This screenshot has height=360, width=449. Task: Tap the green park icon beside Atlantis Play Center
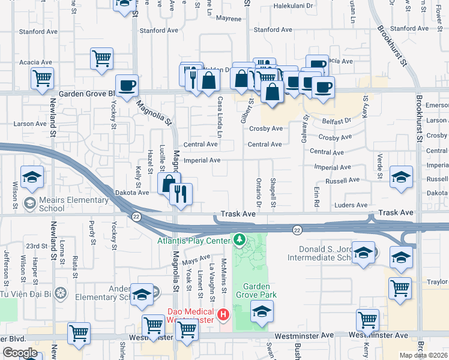[240, 241]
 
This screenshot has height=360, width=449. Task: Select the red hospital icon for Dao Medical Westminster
[223, 314]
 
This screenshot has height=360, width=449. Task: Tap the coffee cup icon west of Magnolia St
[127, 86]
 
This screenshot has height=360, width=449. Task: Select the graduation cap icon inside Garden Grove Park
[262, 311]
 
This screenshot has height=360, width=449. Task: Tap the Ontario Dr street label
[259, 193]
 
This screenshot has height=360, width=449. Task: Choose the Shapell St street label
[273, 193]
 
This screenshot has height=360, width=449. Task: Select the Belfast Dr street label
[334, 121]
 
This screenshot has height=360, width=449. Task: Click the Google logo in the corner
[20, 353]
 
